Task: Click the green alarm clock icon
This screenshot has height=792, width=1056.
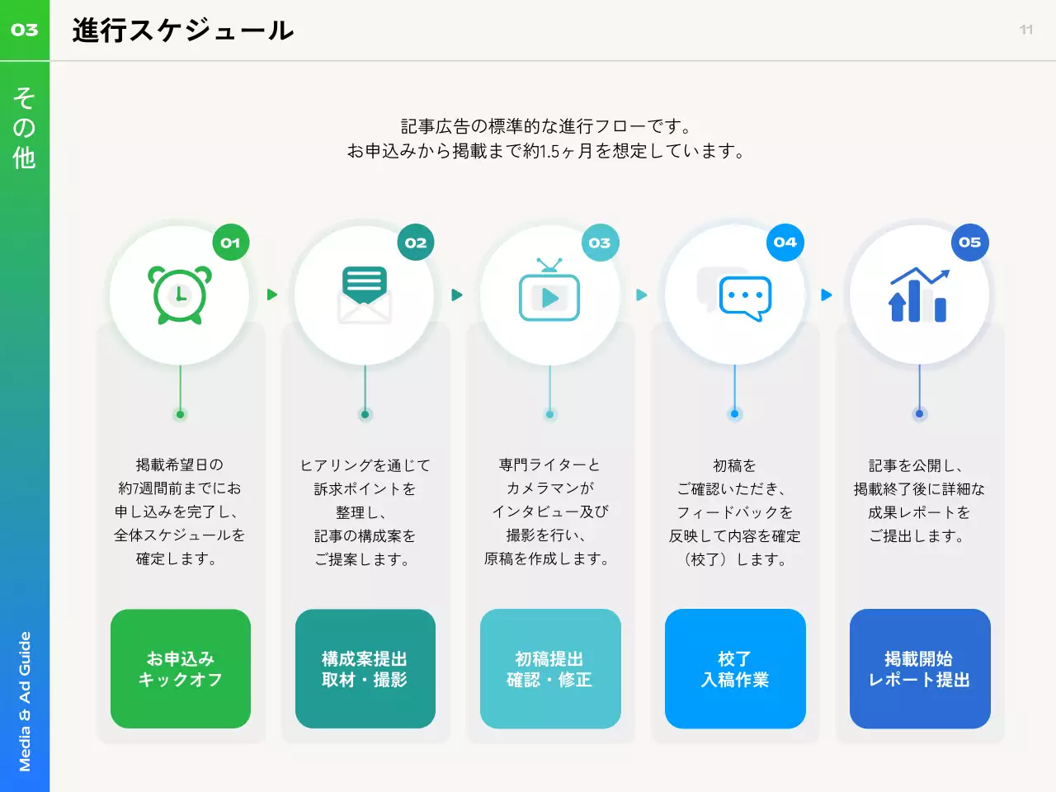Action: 180,295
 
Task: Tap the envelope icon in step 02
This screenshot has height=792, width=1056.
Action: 365,295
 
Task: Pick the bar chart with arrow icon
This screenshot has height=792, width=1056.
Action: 918,295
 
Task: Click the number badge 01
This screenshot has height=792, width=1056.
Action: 230,243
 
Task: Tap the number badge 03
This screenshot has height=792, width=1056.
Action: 600,243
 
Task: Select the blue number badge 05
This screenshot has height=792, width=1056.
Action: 969,243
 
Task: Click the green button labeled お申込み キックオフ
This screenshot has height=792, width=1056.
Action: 181,669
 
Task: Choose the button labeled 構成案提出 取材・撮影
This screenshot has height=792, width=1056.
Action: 365,669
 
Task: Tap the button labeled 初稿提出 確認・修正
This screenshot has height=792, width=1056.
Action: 550,669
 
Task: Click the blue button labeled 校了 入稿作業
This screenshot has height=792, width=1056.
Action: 735,669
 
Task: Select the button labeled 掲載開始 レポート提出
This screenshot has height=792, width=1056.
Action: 920,669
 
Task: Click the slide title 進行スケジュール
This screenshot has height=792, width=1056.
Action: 182,31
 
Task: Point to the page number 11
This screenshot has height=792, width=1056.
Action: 1026,30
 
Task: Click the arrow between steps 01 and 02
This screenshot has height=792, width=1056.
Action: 272,295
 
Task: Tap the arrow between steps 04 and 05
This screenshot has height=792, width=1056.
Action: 827,295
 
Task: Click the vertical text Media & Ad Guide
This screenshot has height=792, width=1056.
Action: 25,701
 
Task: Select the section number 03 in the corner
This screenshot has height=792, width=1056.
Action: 25,30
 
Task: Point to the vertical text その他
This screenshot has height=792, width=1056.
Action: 24,128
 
